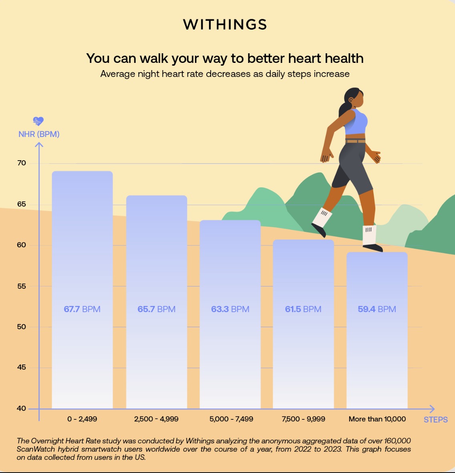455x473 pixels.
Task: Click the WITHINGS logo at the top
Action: (225, 24)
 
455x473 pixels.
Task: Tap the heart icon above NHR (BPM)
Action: (38, 121)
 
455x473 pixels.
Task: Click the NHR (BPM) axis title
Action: (39, 134)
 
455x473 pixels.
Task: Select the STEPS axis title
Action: (435, 420)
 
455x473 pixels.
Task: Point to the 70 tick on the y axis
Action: (22, 163)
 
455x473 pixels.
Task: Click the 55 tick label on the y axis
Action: (22, 286)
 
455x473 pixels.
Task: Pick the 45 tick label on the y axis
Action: (22, 367)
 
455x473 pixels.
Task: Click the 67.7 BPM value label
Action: (82, 309)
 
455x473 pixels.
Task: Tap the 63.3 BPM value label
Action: (230, 309)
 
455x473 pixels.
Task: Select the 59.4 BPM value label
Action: (376, 309)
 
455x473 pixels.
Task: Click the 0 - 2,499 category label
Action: (82, 419)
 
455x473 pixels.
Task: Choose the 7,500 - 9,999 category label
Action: (303, 419)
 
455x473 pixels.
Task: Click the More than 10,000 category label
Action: (377, 419)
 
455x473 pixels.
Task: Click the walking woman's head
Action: (354, 98)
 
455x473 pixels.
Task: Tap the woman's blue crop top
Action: (356, 122)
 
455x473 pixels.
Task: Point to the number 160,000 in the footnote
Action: (397, 441)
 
